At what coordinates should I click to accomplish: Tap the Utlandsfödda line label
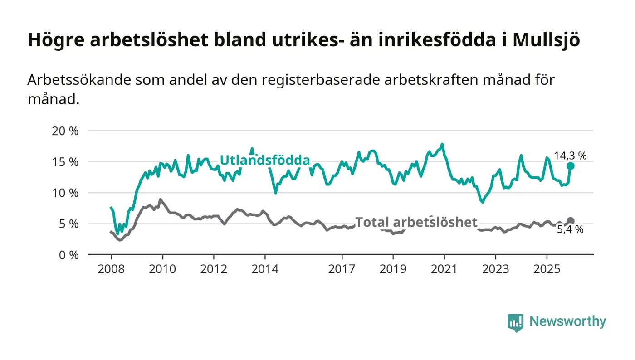(x=265, y=160)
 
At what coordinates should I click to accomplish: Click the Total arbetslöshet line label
(x=416, y=222)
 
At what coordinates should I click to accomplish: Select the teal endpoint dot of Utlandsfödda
(x=571, y=166)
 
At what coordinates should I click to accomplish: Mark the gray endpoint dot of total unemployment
(x=571, y=221)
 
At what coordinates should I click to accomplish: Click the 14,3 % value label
(x=570, y=156)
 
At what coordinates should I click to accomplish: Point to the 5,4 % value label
(x=570, y=230)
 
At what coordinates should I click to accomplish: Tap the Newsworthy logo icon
(x=515, y=322)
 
